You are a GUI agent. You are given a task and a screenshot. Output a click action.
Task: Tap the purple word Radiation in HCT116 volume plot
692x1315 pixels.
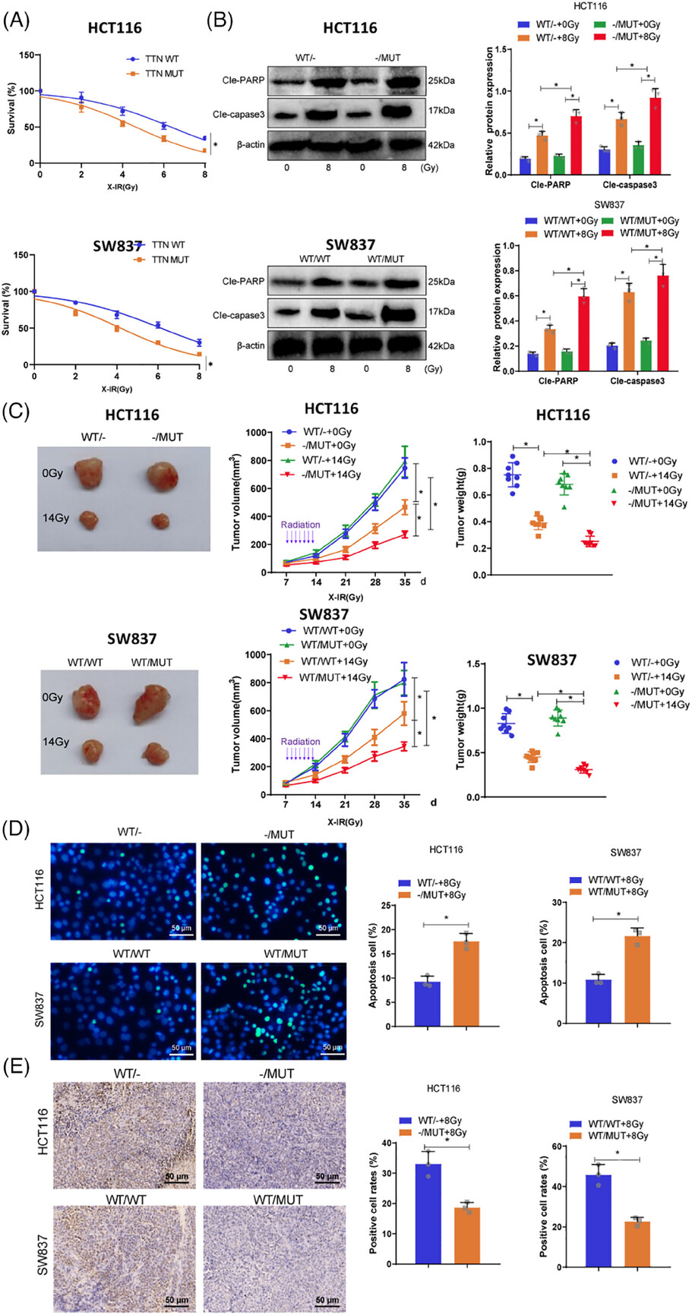tap(301, 525)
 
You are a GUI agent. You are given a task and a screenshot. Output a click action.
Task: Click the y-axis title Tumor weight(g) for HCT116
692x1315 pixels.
tap(460, 504)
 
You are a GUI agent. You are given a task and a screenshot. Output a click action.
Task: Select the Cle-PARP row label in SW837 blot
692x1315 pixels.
tap(244, 282)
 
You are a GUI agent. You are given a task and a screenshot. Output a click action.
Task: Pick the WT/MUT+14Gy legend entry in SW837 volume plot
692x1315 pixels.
tap(335, 677)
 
